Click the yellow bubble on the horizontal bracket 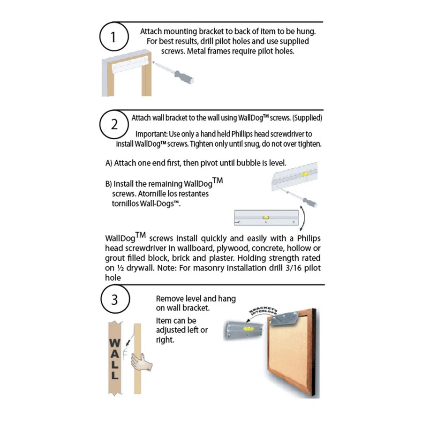(265, 217)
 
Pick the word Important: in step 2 (151, 135)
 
